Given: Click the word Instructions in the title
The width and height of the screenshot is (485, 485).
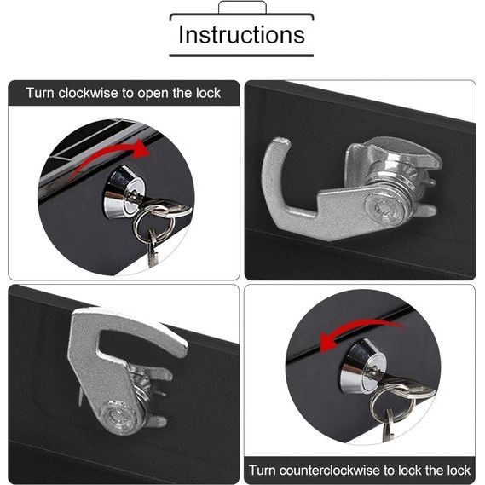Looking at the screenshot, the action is click(x=241, y=34).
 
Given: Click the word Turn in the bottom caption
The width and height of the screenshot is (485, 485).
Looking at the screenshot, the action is click(x=263, y=471).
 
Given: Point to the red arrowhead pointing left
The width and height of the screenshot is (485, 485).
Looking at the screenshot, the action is click(x=328, y=343).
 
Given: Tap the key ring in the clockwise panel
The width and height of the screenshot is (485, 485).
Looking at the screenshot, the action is click(x=153, y=222).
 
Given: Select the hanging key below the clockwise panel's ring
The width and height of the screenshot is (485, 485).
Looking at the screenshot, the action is click(x=153, y=248).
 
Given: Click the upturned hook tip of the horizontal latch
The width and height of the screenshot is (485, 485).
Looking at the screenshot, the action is click(x=280, y=143).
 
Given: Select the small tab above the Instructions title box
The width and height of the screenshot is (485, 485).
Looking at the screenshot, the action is click(x=242, y=7).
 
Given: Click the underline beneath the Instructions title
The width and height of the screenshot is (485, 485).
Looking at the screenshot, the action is click(x=241, y=55).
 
